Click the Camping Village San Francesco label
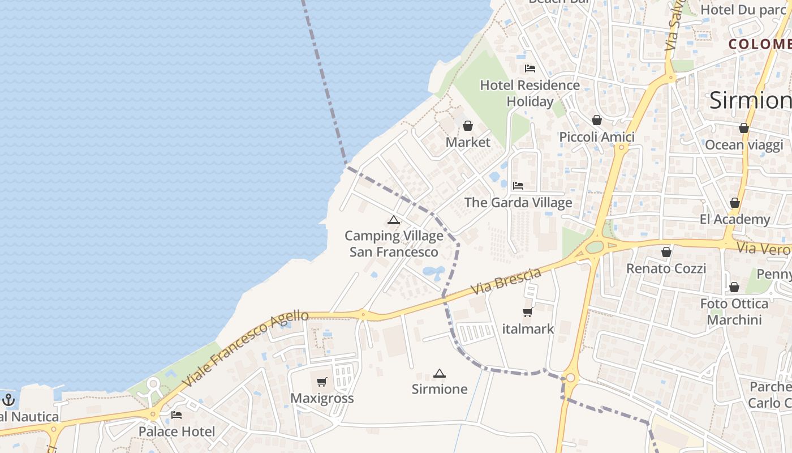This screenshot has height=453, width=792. point(394,243)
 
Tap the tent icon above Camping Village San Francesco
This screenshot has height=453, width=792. point(394,220)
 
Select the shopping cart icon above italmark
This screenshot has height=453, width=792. point(528,312)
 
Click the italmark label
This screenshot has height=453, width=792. point(528,328)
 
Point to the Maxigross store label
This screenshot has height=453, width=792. point(322,398)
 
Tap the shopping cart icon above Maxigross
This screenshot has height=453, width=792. point(322,382)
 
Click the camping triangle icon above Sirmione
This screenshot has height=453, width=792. point(440,373)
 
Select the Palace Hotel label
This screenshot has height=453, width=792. point(177,431)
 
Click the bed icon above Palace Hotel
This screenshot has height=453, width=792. point(177,415)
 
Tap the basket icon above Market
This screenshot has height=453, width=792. point(468,126)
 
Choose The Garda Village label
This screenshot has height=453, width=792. point(518,202)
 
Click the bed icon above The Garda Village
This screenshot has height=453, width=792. point(518,186)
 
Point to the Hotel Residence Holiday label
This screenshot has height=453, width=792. point(530,93)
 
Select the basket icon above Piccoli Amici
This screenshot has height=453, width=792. point(597,120)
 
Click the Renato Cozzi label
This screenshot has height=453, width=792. point(666,268)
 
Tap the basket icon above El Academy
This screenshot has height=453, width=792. point(735,203)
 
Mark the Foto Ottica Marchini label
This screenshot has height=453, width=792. point(734,311)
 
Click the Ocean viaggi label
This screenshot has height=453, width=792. point(744,145)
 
